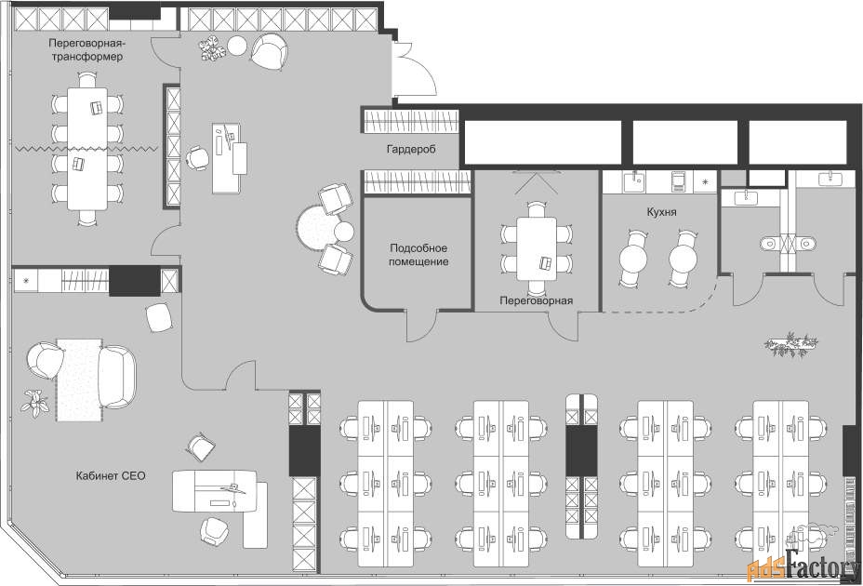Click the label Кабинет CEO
click(x=111, y=475)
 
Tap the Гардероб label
click(x=411, y=149)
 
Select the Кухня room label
click(x=661, y=212)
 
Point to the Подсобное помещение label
click(x=418, y=255)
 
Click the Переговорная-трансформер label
click(x=86, y=49)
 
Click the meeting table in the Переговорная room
click(x=537, y=249)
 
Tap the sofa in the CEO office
click(x=117, y=378)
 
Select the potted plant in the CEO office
click(x=35, y=403)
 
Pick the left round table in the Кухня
click(x=635, y=258)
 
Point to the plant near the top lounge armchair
click(x=212, y=48)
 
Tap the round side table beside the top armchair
click(x=236, y=46)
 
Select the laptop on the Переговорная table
click(x=546, y=263)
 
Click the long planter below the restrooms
click(x=790, y=344)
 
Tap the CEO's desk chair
click(x=212, y=531)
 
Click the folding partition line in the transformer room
click(x=86, y=149)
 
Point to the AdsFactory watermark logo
click(x=803, y=565)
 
